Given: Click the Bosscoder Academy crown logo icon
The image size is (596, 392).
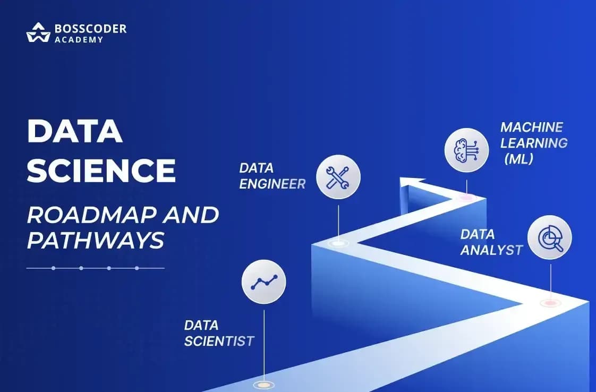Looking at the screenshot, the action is coord(38,32).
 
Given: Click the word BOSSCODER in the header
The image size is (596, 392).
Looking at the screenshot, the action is coord(90,29).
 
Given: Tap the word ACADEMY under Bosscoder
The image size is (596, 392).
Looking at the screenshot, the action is coord(79,39).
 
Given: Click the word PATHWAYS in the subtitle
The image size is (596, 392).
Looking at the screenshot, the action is coord(96,240).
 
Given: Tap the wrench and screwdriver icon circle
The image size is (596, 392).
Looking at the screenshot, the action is coord(338,177).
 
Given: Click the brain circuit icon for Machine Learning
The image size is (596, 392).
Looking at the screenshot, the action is coord(466,150).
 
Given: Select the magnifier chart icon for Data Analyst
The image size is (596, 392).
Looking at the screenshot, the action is coord(550,237).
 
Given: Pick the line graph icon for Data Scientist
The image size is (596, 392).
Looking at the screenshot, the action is coord(264,282).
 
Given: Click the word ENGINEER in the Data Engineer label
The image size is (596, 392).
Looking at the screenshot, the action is coord(272,184).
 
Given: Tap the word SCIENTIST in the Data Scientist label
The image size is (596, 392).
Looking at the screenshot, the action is coord(219,341).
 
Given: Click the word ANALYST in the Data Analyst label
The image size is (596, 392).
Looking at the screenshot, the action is coord(491,250).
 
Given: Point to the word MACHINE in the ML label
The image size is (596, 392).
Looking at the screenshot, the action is coord(532,127).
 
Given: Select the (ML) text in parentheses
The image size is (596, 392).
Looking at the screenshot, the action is coord(518,159).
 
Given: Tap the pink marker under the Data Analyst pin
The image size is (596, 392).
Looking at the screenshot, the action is coord(550,303).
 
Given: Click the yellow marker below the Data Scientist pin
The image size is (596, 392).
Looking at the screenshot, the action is coord(264,385).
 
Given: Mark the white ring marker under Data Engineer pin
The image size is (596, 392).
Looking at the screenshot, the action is coord(338,243).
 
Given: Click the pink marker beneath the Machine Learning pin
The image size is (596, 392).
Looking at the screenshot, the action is coord(466,197).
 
